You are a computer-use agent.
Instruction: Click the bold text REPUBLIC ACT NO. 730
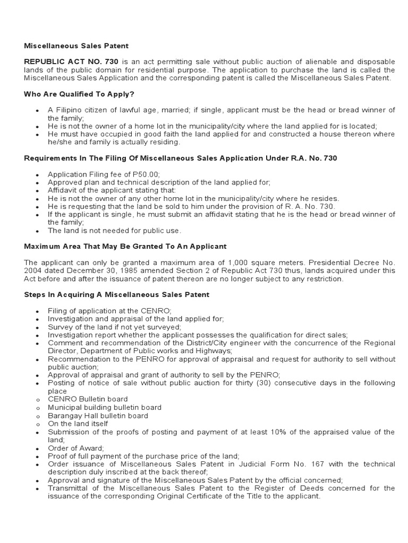coord(71,62)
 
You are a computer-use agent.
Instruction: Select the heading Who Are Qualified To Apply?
coord(79,94)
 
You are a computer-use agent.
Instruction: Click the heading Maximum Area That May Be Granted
coord(125,246)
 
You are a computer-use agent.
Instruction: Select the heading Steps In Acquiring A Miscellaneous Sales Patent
coord(117,294)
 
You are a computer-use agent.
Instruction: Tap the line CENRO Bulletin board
coord(88,399)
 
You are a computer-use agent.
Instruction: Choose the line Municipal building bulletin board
coord(105,407)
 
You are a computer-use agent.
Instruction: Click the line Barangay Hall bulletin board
coord(98,416)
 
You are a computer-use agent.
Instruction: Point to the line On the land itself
coord(78,424)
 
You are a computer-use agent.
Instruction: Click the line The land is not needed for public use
coord(114,230)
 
